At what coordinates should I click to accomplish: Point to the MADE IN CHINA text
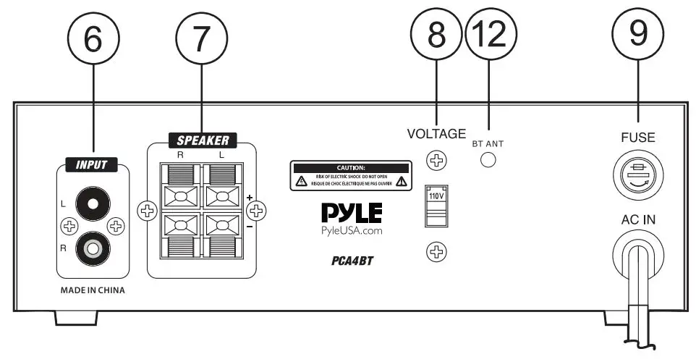(92, 290)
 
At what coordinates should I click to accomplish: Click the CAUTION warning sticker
(350, 176)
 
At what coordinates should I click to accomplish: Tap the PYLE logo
(351, 213)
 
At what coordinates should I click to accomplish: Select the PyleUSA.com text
(351, 231)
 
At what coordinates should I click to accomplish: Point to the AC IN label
(637, 219)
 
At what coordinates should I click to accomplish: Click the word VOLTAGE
(436, 133)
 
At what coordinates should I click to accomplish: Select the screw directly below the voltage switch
(436, 252)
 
